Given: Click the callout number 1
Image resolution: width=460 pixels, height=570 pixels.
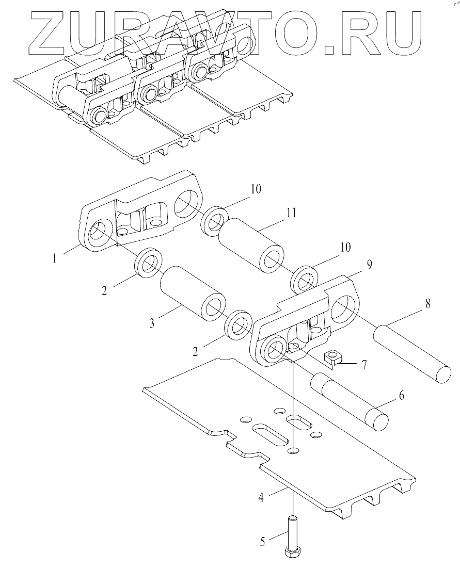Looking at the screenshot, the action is click(x=55, y=259).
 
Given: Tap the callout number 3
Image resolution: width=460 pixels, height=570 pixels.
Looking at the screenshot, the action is click(x=152, y=322).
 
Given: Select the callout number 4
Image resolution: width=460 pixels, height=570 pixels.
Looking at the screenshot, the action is click(x=261, y=497).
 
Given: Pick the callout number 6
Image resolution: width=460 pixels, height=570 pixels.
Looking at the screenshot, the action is click(x=402, y=395).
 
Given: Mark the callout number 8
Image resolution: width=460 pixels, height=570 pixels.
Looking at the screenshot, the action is click(x=427, y=303).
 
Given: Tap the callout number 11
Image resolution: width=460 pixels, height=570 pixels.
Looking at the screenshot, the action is click(x=291, y=213).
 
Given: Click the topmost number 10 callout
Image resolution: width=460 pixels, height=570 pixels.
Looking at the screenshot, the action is click(x=256, y=189).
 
